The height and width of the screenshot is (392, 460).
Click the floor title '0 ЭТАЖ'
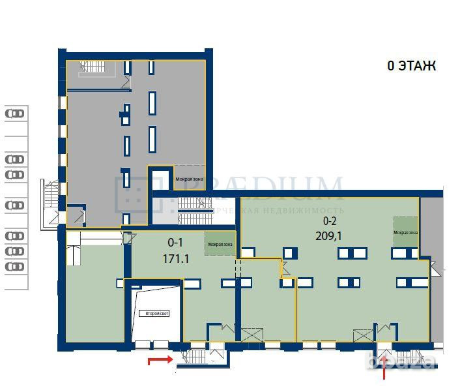(x=411, y=66)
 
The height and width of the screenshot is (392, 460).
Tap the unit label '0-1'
(x=175, y=242)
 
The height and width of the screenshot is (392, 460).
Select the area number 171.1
(x=175, y=258)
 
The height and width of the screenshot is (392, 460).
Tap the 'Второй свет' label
(x=157, y=314)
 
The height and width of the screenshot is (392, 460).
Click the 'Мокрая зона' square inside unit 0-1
(x=220, y=244)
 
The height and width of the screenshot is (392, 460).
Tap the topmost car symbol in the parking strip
(x=14, y=113)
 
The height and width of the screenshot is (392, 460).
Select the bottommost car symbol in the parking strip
(x=14, y=266)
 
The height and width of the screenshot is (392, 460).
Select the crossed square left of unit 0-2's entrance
(x=362, y=336)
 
